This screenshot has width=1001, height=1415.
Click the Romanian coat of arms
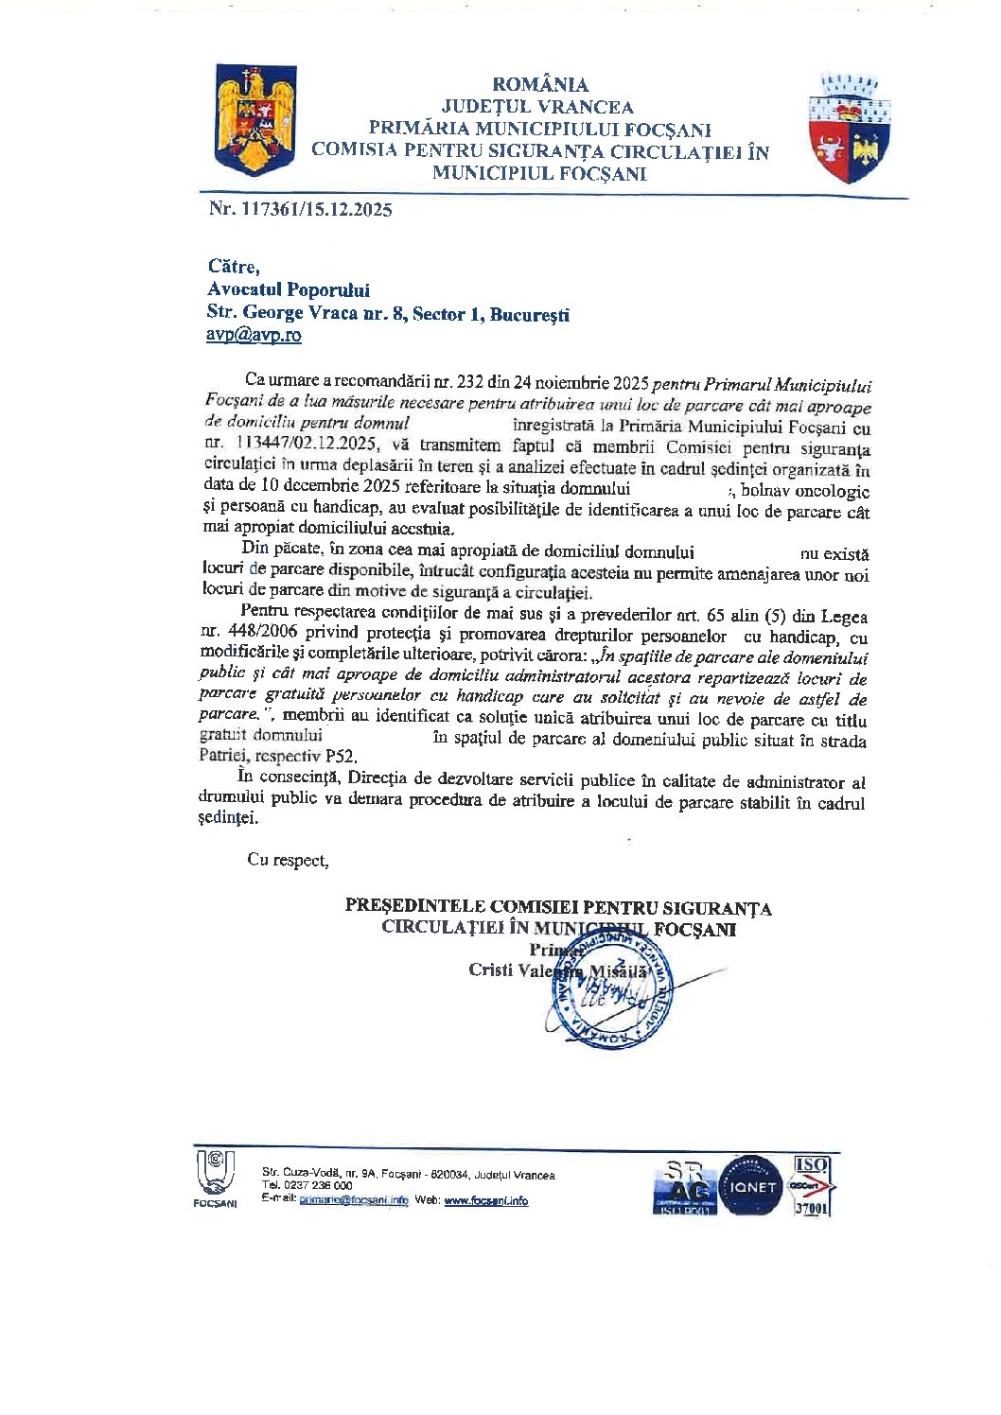(x=255, y=120)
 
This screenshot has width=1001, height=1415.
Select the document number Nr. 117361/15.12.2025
(x=300, y=210)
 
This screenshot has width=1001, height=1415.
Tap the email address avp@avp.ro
(x=255, y=335)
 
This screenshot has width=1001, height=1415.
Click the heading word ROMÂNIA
(x=539, y=84)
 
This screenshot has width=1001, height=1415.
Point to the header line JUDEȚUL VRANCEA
(x=537, y=107)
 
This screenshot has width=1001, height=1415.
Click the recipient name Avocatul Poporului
(x=289, y=290)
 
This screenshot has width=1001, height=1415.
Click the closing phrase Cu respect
(x=287, y=860)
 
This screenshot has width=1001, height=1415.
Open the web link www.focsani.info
(x=485, y=1201)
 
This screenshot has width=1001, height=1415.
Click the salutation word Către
(x=233, y=268)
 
